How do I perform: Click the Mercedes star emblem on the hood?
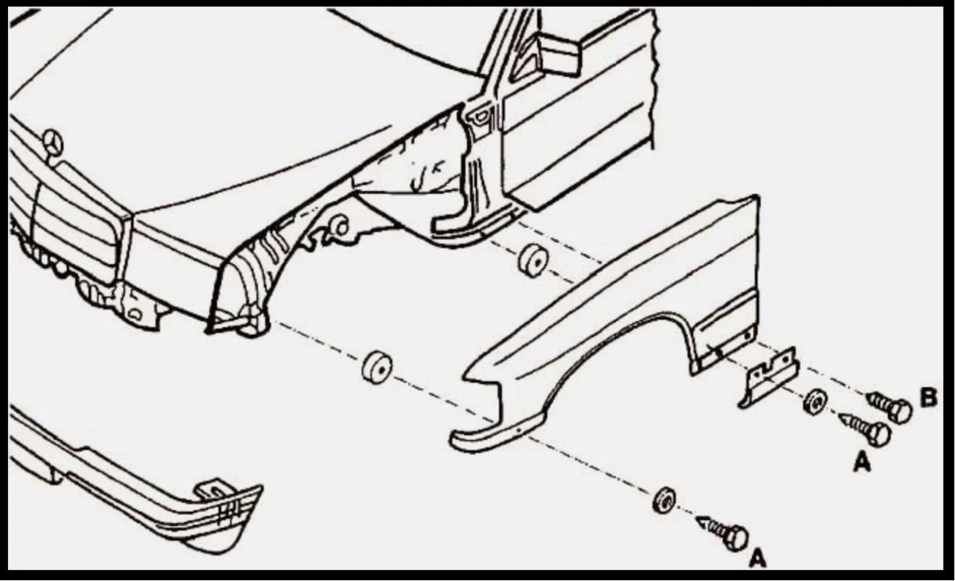[53, 142]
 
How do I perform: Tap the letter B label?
[928, 397]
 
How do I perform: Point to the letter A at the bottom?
[757, 558]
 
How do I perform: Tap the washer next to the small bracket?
[815, 402]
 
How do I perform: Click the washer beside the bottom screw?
[664, 500]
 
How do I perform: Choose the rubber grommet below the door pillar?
[533, 260]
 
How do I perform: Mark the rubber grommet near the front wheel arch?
[377, 367]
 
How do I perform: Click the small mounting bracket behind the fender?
[768, 377]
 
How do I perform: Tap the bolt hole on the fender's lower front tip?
[519, 431]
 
